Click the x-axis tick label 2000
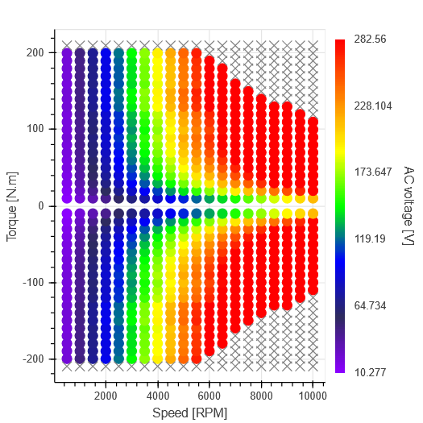pyautogui.click(x=106, y=396)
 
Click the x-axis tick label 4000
pyautogui.click(x=157, y=396)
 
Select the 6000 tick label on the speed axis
pyautogui.click(x=209, y=396)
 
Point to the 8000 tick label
pyautogui.click(x=261, y=396)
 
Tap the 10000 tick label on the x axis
pyautogui.click(x=311, y=396)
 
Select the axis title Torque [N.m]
pyautogui.click(x=12, y=205)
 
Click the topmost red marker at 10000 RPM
pyautogui.click(x=313, y=122)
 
